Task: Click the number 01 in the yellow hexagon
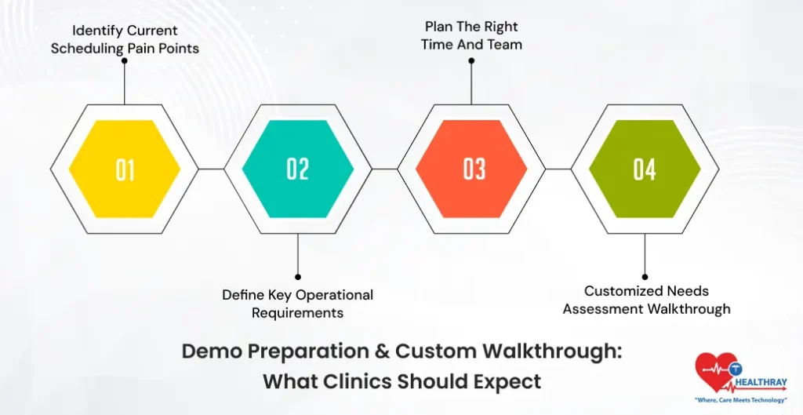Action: click(125, 169)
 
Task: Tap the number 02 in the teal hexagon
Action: click(298, 169)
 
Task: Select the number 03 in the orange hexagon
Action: click(473, 169)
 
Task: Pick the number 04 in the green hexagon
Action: click(645, 169)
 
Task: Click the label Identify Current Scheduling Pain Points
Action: click(125, 39)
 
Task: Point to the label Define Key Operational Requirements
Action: click(297, 304)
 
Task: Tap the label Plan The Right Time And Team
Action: click(471, 35)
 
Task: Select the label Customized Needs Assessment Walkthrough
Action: click(646, 300)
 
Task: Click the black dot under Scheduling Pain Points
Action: click(125, 60)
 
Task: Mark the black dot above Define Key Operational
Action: click(298, 276)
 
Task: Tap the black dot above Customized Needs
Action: click(645, 276)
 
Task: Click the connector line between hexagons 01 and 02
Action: click(211, 169)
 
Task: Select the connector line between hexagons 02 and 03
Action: click(384, 169)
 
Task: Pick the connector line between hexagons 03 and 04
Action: click(558, 169)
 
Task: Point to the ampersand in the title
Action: click(378, 351)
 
